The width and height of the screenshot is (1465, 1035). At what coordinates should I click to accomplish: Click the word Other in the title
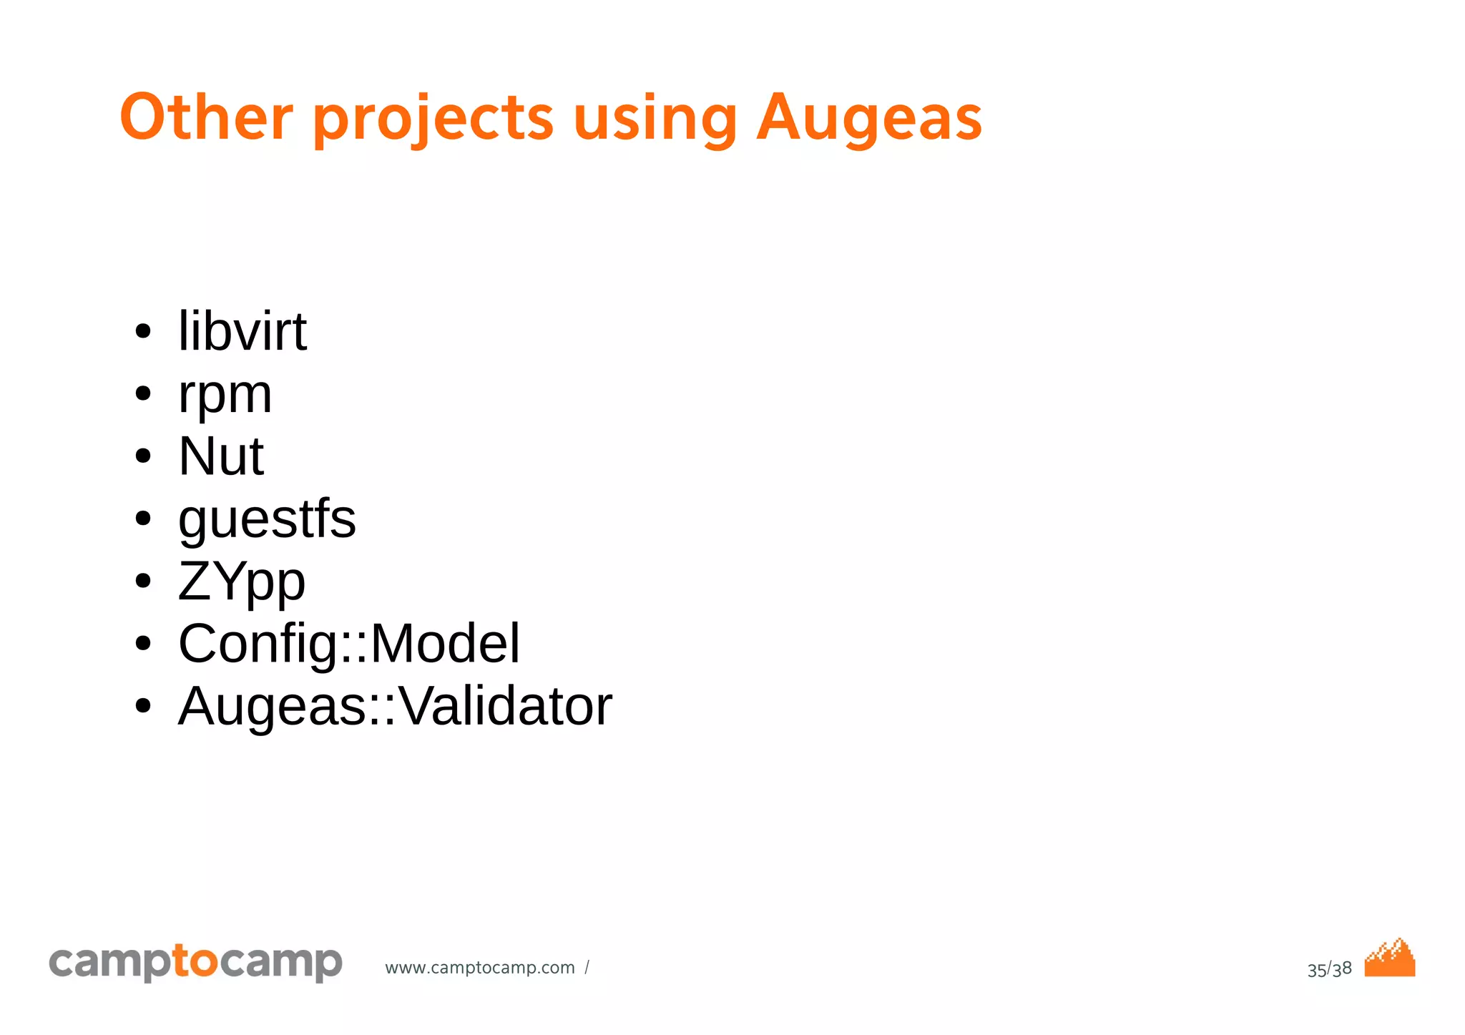point(206,117)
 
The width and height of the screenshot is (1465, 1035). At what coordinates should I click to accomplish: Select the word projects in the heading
point(433,120)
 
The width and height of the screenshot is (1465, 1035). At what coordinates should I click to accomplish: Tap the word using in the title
point(655,120)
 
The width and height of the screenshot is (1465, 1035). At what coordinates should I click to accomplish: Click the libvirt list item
point(242,331)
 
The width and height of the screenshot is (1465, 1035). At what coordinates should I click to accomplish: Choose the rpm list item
point(225,394)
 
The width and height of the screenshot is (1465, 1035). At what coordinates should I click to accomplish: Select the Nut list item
point(221,456)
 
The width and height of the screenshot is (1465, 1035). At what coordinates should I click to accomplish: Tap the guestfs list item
point(267,519)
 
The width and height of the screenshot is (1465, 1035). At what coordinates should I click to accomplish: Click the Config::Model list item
point(349,644)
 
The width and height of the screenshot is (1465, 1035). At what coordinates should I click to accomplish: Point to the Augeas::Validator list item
point(395,707)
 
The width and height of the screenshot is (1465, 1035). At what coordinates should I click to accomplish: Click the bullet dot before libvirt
point(143,332)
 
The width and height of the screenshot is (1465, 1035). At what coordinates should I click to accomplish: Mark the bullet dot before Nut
point(143,456)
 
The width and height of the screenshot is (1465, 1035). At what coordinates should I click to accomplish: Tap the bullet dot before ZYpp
point(143,582)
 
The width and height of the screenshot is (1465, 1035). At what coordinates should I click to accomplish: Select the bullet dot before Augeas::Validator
point(143,707)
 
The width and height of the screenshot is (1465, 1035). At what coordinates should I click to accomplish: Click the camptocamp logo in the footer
point(195,962)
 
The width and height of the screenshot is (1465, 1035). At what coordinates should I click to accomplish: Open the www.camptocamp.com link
point(480,968)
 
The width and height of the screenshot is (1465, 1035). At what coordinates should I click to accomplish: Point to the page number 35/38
point(1329,969)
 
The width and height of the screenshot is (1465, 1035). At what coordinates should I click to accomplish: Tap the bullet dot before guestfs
point(143,519)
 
